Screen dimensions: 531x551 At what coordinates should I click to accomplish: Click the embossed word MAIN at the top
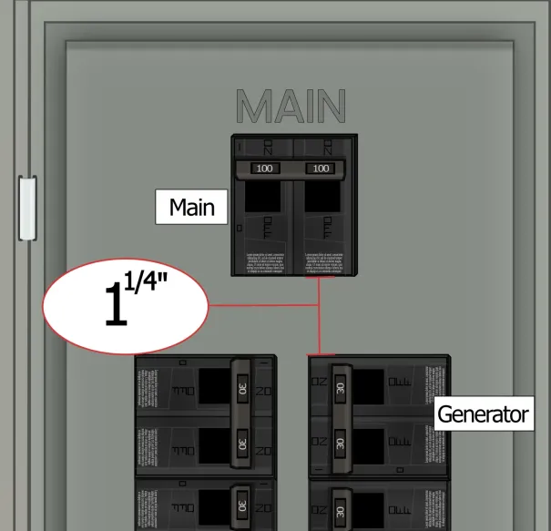coord(291,107)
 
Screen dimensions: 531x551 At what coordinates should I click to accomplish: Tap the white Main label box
coord(192,208)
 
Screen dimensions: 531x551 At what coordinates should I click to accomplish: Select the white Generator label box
coord(483,414)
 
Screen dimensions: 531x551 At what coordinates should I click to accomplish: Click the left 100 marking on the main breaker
coord(264,168)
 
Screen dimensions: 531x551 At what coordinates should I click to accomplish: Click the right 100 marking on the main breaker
coord(321,168)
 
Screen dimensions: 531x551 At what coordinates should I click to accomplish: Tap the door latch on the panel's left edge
coord(27,208)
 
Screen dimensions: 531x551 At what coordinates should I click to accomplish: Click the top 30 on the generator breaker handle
coord(340,387)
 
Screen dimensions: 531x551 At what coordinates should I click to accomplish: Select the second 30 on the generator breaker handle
coord(340,444)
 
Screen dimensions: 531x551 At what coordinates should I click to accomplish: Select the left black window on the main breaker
coord(264,200)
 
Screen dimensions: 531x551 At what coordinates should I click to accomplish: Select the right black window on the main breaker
coord(321,200)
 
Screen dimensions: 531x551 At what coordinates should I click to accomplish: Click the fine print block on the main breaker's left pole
coord(264,261)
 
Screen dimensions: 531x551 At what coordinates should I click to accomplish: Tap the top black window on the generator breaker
coord(370,386)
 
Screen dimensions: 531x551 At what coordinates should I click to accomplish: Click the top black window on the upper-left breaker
coord(215,386)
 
